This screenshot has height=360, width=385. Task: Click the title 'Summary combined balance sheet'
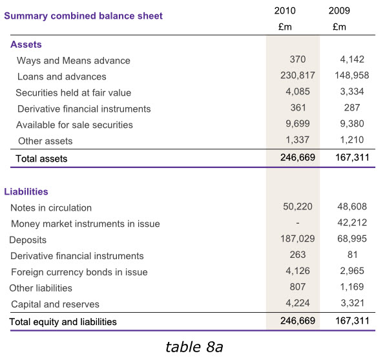83,16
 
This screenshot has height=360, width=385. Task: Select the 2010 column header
285,10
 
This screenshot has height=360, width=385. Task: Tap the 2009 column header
339,10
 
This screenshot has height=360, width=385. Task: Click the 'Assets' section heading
26,45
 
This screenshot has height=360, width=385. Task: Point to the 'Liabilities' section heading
26,192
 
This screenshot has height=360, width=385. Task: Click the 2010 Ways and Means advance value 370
298,59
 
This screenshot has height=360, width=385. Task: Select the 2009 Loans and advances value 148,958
352,76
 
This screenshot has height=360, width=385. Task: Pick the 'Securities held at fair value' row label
74,93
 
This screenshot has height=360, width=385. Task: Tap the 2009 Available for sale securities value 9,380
352,123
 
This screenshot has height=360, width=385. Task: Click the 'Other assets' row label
45,141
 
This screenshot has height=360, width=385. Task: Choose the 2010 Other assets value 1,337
297,140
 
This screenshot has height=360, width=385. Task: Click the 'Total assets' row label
41,159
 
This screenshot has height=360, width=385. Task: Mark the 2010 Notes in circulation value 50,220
298,206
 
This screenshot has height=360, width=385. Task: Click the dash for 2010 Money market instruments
298,223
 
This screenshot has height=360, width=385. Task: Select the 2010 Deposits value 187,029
298,238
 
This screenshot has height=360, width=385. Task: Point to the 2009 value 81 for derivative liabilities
352,255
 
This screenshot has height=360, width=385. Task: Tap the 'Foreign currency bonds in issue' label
79,272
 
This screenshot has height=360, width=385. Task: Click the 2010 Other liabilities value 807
298,287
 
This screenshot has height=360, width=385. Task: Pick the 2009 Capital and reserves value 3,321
352,303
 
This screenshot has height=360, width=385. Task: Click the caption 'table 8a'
194,347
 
